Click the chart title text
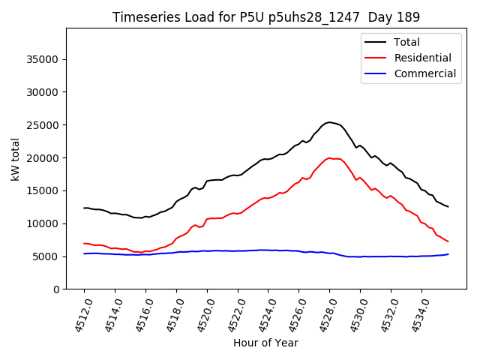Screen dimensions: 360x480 [x=266, y=17]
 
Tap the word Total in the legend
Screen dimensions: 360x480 [x=407, y=42]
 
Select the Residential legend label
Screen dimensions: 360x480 [x=423, y=58]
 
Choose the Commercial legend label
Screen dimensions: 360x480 [x=425, y=73]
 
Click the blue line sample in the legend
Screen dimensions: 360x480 [x=377, y=73]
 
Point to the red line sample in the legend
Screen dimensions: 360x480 [x=377, y=58]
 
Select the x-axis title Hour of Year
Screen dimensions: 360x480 [x=265, y=343]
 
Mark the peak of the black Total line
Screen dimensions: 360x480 [x=328, y=121]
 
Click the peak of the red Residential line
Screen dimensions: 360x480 [x=329, y=157]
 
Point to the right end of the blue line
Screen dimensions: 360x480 [x=448, y=254]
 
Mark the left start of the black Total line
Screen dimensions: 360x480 [x=84, y=208]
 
